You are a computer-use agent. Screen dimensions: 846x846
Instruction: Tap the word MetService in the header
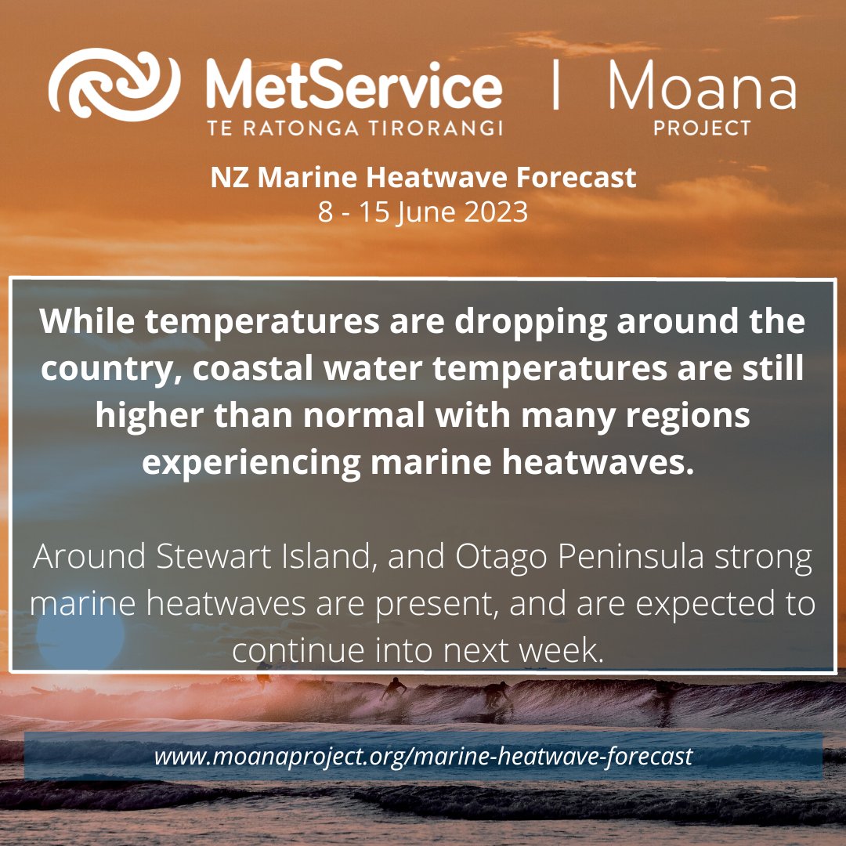(353, 89)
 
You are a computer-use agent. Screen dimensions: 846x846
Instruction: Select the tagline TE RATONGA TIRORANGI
(354, 128)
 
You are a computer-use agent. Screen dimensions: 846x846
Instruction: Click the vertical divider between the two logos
(555, 86)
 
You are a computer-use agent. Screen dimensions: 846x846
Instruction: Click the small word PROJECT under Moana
(702, 128)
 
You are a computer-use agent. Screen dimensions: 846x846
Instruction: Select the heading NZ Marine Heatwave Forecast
(423, 179)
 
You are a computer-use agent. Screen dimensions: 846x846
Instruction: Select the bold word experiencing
(250, 463)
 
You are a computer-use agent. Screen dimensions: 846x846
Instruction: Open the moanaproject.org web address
(423, 757)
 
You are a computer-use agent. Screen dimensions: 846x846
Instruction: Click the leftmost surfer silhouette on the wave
(394, 688)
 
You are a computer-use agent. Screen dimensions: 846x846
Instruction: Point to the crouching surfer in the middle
(495, 694)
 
